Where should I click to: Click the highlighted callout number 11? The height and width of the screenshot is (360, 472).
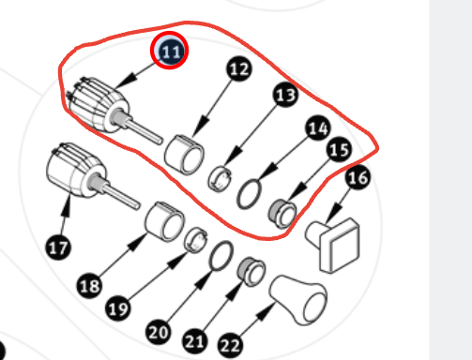click(169, 51)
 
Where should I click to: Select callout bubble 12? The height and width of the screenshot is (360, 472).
click(239, 68)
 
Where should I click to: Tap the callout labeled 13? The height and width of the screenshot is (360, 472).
click(286, 95)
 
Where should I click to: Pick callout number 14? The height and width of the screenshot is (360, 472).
click(318, 127)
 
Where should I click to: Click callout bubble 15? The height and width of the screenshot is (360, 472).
click(339, 149)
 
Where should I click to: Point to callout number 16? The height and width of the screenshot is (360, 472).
click(358, 177)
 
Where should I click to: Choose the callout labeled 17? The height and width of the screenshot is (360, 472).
click(58, 247)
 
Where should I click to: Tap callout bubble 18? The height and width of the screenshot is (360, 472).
click(89, 286)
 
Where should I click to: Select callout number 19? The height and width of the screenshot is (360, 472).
click(118, 308)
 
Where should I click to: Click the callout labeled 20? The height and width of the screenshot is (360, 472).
click(159, 332)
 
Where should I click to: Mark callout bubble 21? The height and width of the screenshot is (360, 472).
click(195, 341)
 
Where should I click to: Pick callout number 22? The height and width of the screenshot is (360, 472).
click(230, 345)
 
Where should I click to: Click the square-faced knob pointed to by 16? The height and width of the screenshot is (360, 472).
click(333, 245)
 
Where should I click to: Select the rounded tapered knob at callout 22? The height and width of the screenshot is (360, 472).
click(298, 300)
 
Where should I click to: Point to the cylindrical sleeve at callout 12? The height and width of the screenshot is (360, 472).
click(184, 155)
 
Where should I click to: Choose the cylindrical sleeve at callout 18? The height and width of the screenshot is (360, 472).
click(164, 221)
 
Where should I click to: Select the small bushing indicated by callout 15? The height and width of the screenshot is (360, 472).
click(282, 213)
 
